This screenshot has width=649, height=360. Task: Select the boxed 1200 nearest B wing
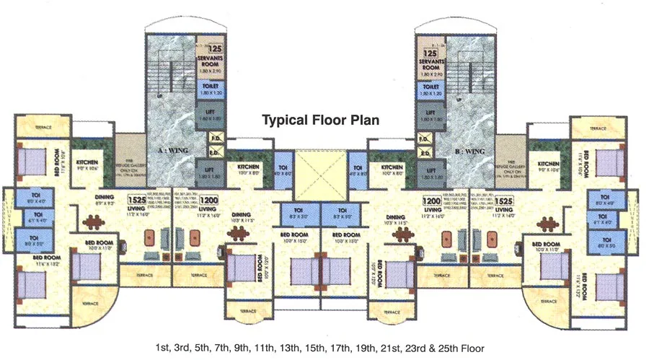431,201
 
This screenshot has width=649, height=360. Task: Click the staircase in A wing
170,72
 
